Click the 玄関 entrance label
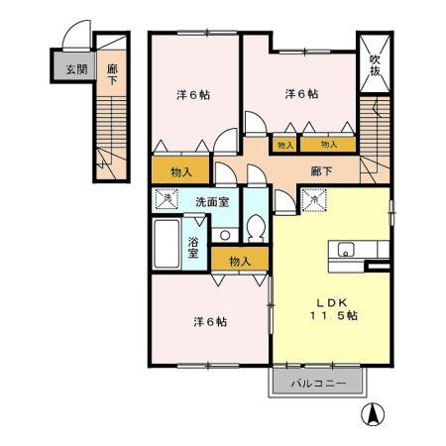[x=75, y=69]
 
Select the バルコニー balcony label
[x=317, y=382]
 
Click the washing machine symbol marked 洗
[x=166, y=199]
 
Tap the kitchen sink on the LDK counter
[x=348, y=249]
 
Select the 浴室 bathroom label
[x=193, y=247]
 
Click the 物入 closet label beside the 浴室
[x=240, y=261]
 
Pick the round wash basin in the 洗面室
[x=226, y=235]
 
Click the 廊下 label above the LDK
[x=320, y=170]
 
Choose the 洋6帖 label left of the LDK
[x=209, y=321]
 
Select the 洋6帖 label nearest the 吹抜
[x=301, y=94]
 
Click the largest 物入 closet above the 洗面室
[x=180, y=171]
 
